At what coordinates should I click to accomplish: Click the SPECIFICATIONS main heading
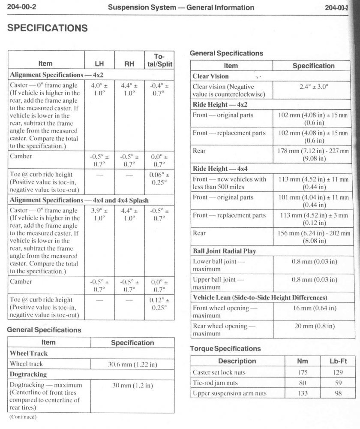48,28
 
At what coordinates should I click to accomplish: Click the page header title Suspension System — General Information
181,7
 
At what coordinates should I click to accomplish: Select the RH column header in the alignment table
129,64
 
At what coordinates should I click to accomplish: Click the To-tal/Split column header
159,60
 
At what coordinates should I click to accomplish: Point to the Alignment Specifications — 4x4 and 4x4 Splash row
80,200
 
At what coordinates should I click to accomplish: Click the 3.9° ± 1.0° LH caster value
99,214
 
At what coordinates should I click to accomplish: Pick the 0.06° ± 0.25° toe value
159,178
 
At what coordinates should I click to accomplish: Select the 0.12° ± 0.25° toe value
159,303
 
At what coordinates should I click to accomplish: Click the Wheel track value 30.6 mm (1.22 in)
132,364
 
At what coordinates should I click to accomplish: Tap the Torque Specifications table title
225,349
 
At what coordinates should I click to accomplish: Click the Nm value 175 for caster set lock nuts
303,372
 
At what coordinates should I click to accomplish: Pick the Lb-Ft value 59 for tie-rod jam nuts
337,383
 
